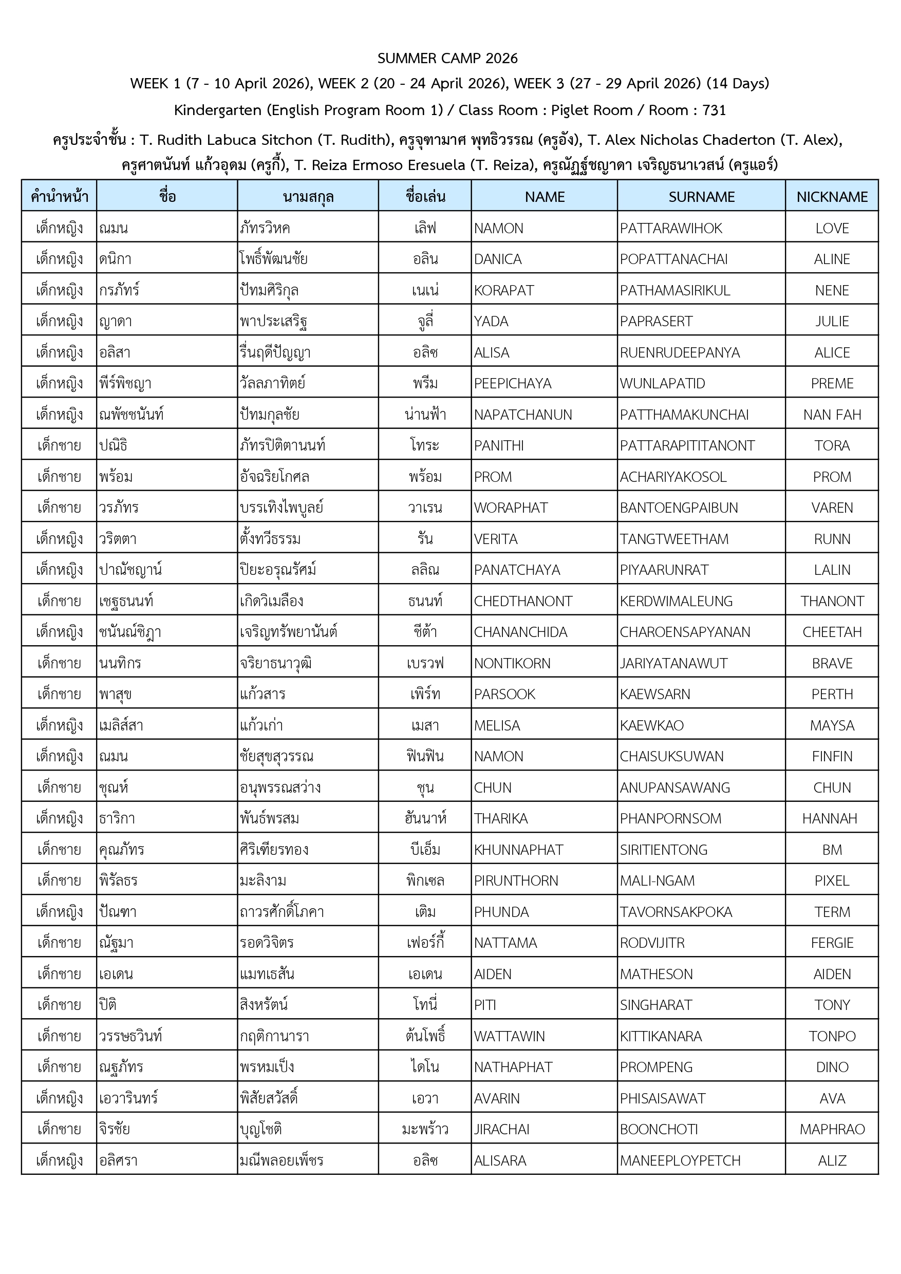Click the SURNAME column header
[701, 197]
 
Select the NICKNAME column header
[832, 197]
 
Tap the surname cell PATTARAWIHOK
[671, 228]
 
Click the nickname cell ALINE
[832, 259]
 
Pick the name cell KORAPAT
[504, 290]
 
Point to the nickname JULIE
[832, 321]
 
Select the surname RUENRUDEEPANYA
[680, 352]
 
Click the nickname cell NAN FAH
[832, 415]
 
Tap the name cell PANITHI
[499, 445]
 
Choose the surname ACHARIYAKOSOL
[673, 477]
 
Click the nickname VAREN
[832, 508]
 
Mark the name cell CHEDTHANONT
[522, 601]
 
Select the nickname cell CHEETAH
[832, 632]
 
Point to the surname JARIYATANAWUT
[673, 663]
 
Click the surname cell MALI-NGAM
[657, 880]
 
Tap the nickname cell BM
[832, 850]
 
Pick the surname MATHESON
[656, 974]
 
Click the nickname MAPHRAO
[832, 1129]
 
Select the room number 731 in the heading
[714, 110]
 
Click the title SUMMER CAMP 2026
[447, 58]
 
